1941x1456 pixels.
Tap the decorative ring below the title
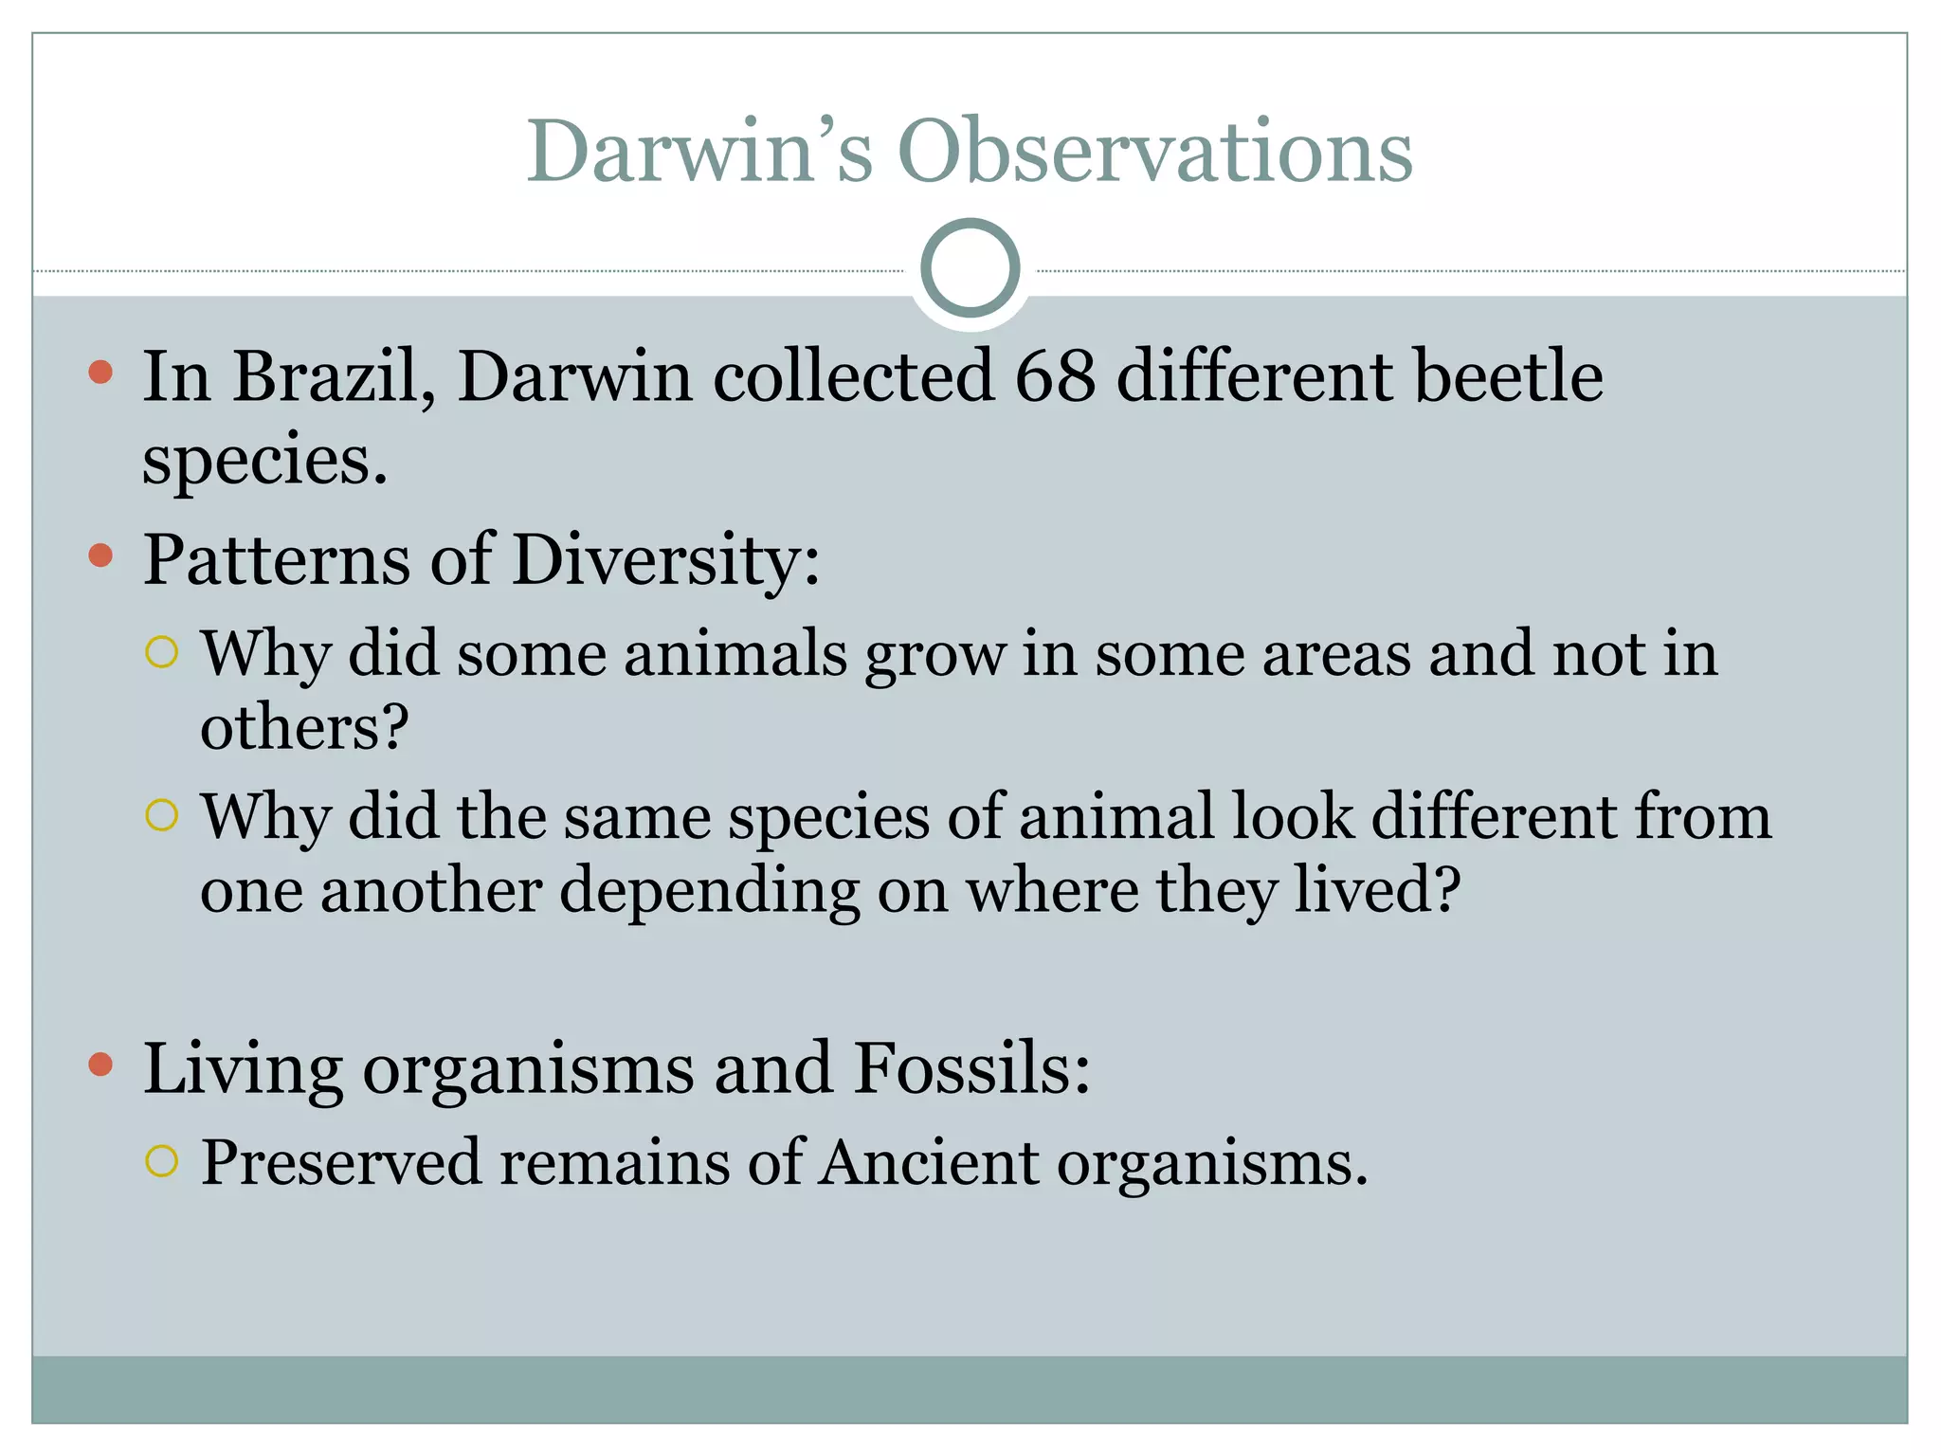[x=970, y=268]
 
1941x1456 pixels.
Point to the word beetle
[x=1508, y=376]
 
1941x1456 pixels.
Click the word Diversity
[x=664, y=559]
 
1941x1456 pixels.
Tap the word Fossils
[x=971, y=1068]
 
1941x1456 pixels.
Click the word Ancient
[x=929, y=1162]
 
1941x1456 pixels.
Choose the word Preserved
[x=341, y=1162]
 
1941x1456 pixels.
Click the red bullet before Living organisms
[x=100, y=1064]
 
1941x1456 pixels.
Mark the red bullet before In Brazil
[x=100, y=372]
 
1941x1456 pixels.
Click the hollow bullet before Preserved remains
[x=162, y=1160]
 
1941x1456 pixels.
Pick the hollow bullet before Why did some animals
[x=162, y=652]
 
